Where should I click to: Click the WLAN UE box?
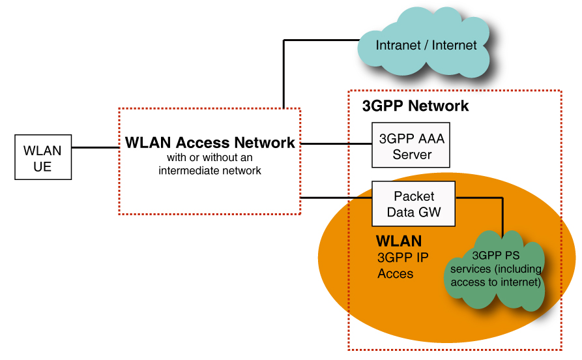coord(43,157)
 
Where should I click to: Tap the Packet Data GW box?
coord(413,203)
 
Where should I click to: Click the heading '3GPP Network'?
coord(415,106)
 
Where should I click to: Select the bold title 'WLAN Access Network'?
coord(210,143)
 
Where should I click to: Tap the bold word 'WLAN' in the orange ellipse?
coord(399,241)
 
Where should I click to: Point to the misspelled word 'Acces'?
coord(395,273)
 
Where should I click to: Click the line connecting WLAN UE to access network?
coord(95,148)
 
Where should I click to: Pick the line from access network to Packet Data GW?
coord(336,196)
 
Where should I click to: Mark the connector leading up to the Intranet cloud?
coord(284,72)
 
